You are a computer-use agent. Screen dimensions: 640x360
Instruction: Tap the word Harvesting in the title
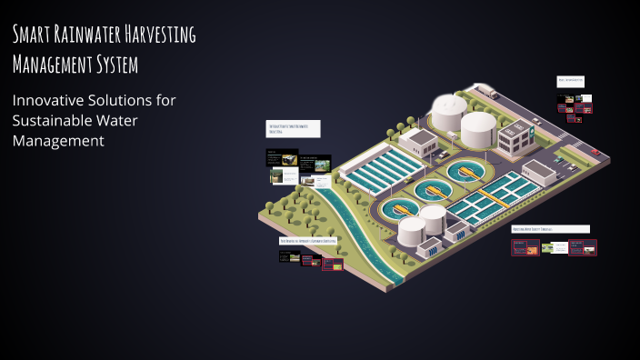click(x=165, y=35)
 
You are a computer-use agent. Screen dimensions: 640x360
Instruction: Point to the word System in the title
click(x=114, y=65)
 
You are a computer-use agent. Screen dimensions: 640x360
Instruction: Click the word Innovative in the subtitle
click(x=47, y=100)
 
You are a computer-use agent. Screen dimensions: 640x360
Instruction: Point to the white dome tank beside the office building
click(x=478, y=128)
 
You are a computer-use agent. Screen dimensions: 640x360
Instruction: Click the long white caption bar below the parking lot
click(x=550, y=229)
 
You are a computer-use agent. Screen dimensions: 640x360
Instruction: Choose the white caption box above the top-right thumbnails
click(x=571, y=81)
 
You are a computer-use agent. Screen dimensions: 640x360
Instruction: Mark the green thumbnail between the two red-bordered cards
click(x=547, y=247)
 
